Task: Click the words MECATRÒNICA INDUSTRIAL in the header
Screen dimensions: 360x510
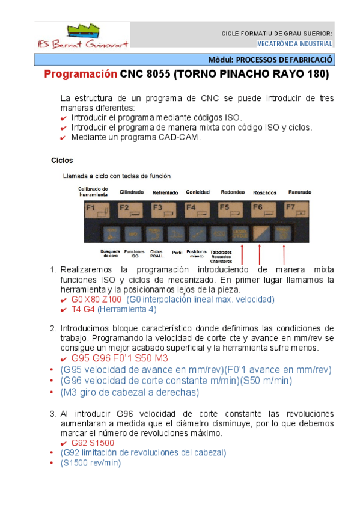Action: coord(294,44)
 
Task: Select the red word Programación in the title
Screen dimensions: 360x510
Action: coord(81,75)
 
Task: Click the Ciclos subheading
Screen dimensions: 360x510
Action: coord(62,161)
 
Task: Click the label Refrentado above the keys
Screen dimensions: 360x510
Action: coord(164,192)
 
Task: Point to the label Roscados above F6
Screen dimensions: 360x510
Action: coord(265,192)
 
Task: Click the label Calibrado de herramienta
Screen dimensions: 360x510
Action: coord(93,191)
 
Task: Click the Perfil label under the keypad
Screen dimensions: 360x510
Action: coord(177,252)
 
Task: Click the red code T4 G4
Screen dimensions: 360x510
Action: coord(84,309)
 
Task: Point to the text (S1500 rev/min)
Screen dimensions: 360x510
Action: coord(90,462)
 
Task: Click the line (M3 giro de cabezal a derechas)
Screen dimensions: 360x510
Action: coord(129,392)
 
